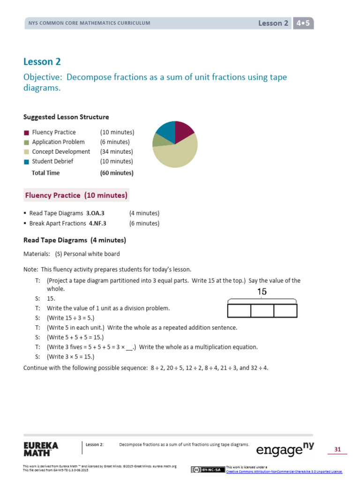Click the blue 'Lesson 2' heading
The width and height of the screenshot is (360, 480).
(x=42, y=61)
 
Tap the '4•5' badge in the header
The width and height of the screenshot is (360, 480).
(x=303, y=23)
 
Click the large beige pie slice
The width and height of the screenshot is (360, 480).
(x=177, y=152)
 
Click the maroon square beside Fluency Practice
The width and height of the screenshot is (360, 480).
(x=27, y=133)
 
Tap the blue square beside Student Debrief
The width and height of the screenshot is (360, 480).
(x=27, y=162)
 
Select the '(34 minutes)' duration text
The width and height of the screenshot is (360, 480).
(x=116, y=152)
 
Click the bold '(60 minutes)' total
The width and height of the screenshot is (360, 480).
(x=117, y=173)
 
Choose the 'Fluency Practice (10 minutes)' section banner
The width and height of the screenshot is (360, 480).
(x=76, y=195)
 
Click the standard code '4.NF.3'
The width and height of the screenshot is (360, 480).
(x=97, y=224)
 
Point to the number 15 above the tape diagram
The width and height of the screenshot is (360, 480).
(x=262, y=292)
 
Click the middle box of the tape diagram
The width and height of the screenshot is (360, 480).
(x=262, y=311)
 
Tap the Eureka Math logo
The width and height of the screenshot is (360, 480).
(x=41, y=449)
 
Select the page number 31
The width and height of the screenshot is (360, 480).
(x=337, y=450)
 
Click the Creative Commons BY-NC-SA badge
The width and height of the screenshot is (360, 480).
(x=208, y=470)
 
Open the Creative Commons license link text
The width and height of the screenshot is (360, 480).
(x=284, y=472)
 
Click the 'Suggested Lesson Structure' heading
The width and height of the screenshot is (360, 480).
(x=66, y=117)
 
